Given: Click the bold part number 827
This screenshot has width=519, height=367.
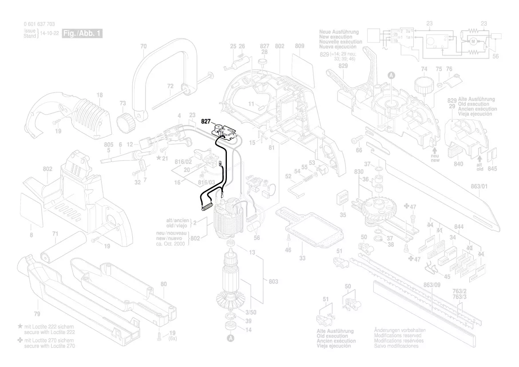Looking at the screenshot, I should click(206, 121).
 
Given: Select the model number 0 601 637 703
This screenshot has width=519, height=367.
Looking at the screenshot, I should click(39, 24).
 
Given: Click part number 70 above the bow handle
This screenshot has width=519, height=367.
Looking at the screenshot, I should click(143, 46).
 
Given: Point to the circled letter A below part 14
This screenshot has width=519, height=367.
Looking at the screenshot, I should click(230, 339).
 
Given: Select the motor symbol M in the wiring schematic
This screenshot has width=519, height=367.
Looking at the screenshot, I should click(473, 41).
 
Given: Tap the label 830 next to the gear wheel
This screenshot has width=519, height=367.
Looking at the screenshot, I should click(359, 172).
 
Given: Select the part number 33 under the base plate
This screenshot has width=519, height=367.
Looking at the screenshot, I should click(302, 258).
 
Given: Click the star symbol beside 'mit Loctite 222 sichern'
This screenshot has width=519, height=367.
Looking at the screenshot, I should click(20, 327).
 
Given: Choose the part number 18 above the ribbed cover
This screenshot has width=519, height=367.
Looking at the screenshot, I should click(99, 95).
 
